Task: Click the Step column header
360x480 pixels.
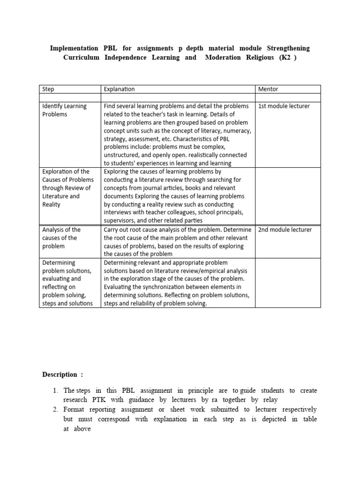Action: pyautogui.click(x=48, y=89)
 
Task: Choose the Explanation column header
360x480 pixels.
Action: pyautogui.click(x=119, y=89)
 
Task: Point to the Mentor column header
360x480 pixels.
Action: pyautogui.click(x=268, y=89)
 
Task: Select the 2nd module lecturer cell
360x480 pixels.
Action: pyautogui.click(x=285, y=230)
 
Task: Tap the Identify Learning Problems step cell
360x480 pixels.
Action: pyautogui.click(x=64, y=110)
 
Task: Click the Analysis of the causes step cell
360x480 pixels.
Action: pyautogui.click(x=61, y=238)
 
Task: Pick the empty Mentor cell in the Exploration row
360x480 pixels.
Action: pyautogui.click(x=288, y=196)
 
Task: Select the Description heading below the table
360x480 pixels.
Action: pyautogui.click(x=62, y=375)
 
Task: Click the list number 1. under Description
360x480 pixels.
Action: pyautogui.click(x=55, y=390)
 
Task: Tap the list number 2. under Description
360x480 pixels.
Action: pyautogui.click(x=55, y=409)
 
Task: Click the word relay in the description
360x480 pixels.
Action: pyautogui.click(x=270, y=400)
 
